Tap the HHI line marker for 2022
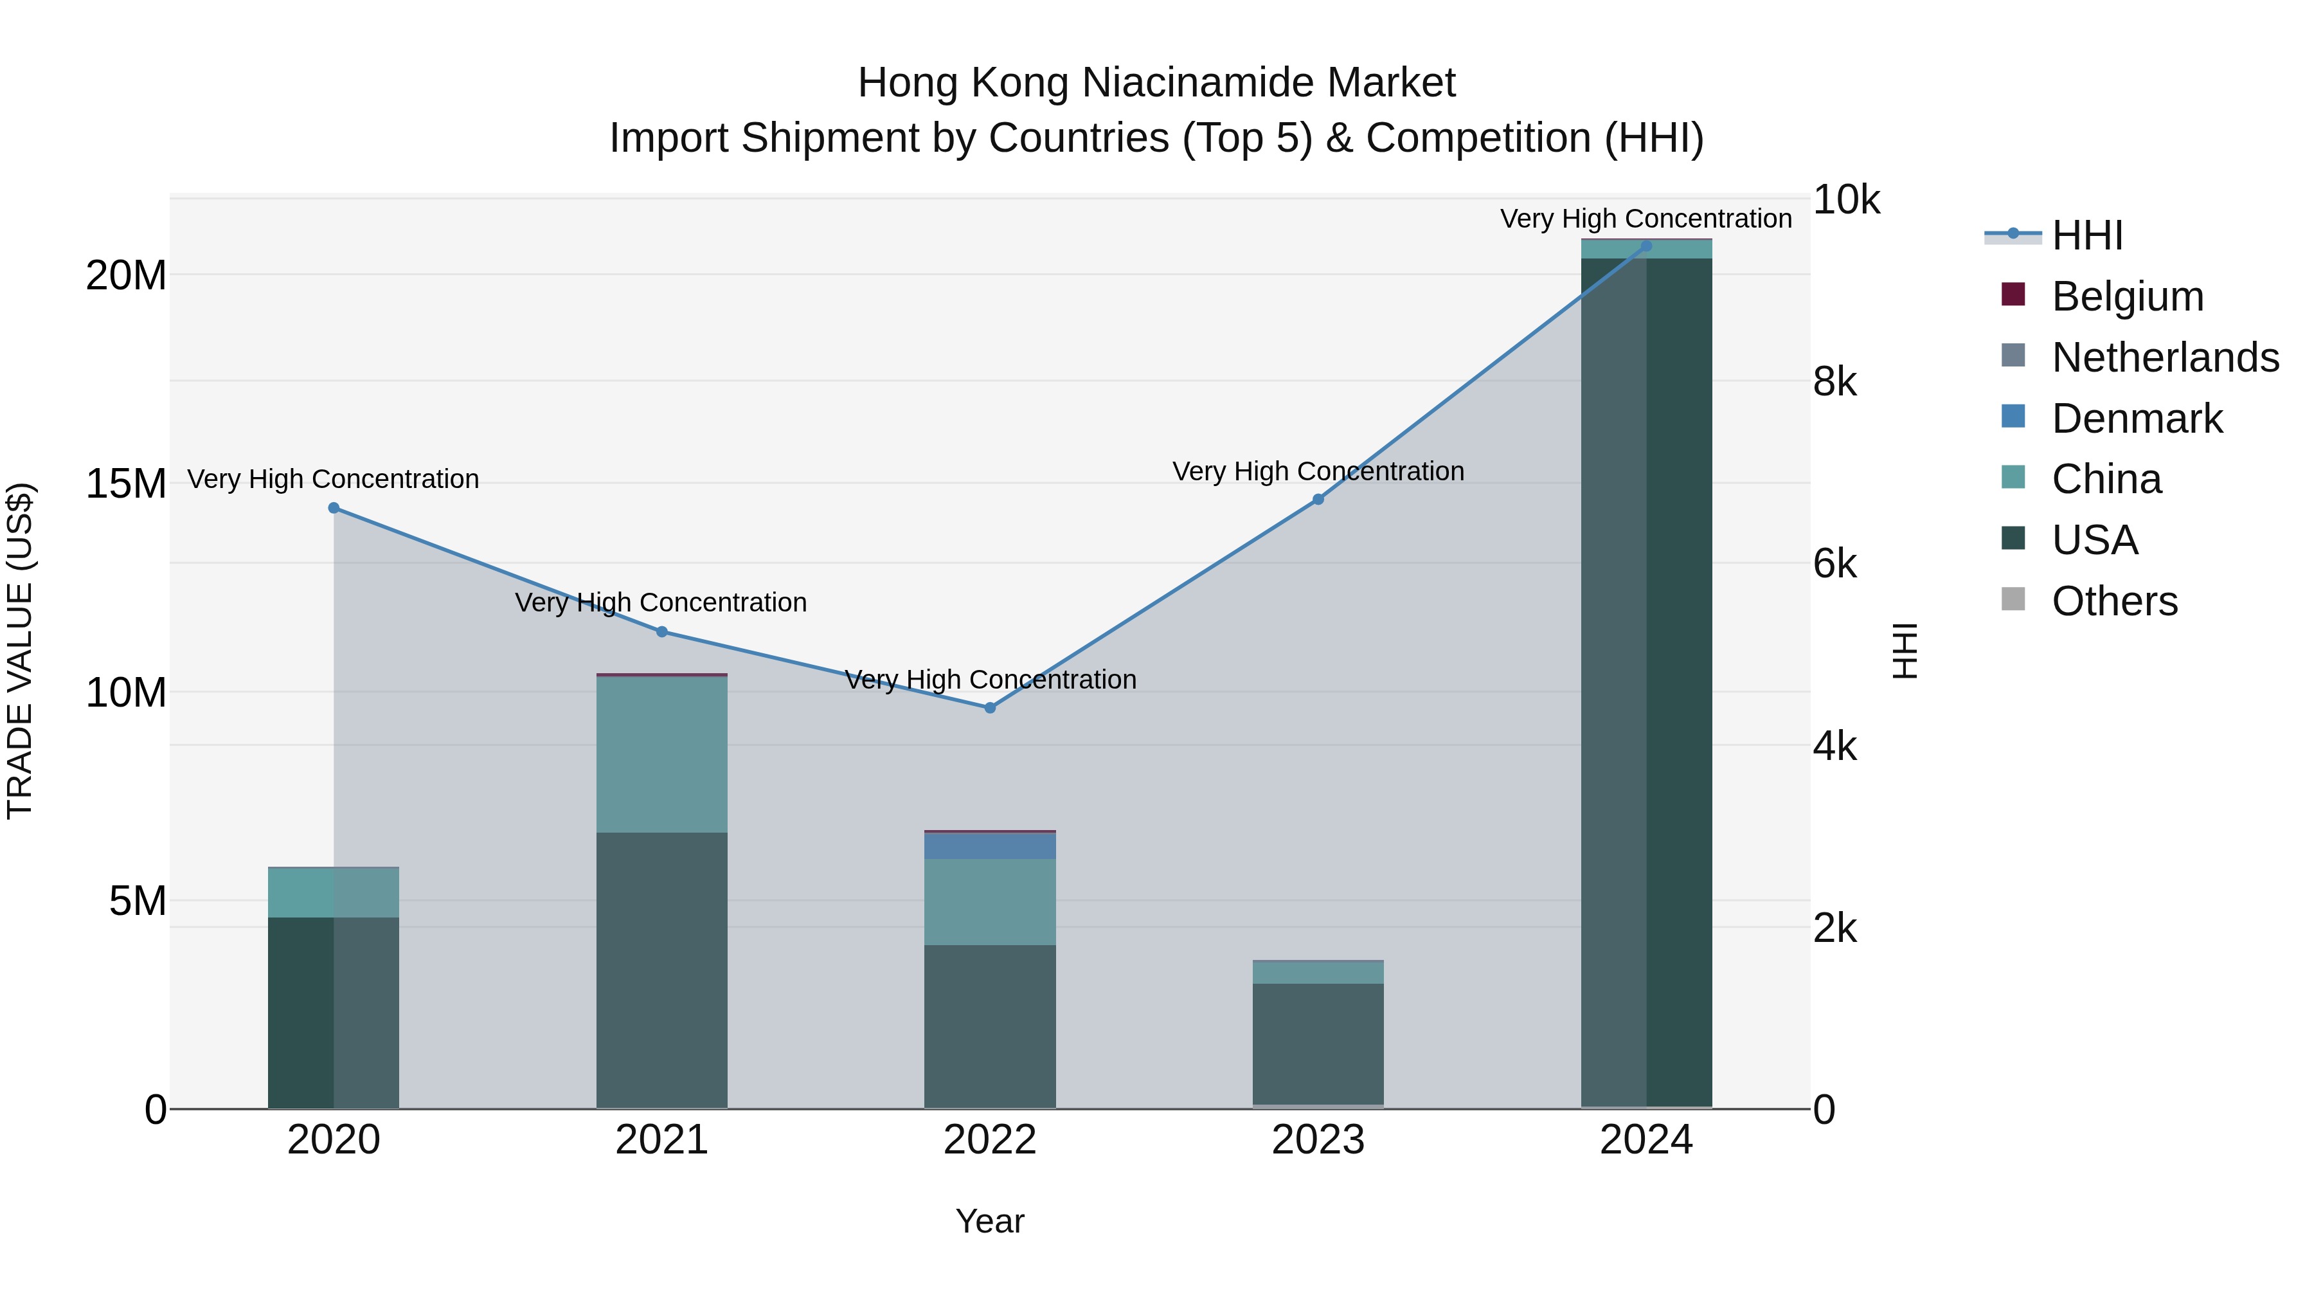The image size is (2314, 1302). click(x=990, y=708)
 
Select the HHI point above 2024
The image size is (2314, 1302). click(x=1646, y=246)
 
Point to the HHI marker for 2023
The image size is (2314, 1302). click(x=1318, y=500)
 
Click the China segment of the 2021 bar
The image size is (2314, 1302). click(x=662, y=755)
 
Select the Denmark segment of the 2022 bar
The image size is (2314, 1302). click(x=990, y=845)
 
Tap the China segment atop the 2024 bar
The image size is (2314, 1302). click(x=1646, y=249)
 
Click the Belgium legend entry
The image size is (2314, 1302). click(x=2127, y=296)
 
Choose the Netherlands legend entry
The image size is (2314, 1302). click(x=2165, y=357)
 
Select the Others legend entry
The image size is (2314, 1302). click(x=2115, y=601)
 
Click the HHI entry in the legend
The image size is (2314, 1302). click(x=2086, y=235)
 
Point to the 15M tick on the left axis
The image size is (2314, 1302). click(x=126, y=484)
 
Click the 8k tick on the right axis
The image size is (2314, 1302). click(x=1834, y=382)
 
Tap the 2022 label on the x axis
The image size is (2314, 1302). click(x=990, y=1140)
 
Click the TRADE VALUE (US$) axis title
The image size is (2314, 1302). click(x=20, y=651)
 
